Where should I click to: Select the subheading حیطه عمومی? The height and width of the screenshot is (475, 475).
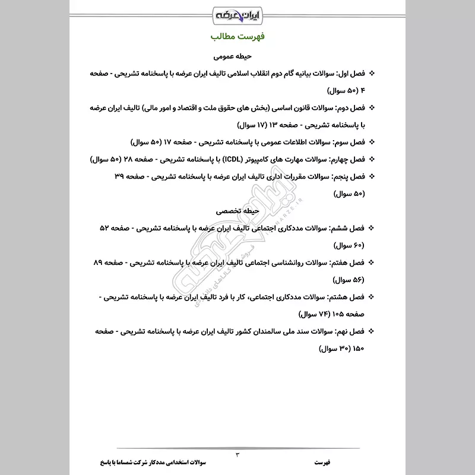(237, 56)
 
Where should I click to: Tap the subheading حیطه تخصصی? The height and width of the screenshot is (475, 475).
(237, 210)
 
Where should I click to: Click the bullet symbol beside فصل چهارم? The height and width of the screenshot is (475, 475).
(372, 160)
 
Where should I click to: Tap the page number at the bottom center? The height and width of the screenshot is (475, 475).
(237, 454)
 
